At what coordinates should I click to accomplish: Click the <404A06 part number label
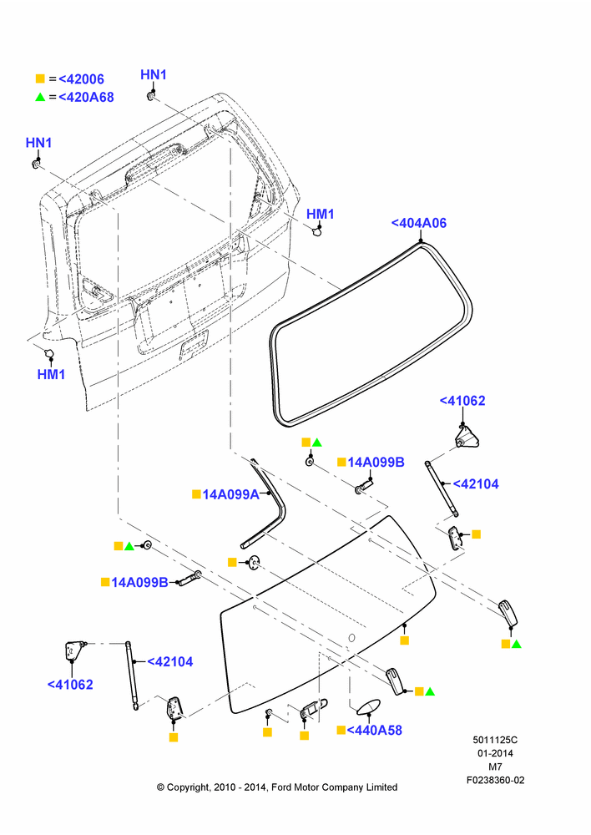(x=419, y=223)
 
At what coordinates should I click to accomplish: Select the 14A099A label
(x=230, y=494)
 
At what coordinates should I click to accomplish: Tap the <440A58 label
(x=374, y=730)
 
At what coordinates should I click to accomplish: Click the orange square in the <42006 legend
(x=40, y=78)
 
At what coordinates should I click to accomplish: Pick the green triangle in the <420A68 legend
(x=40, y=97)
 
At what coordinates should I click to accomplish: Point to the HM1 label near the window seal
(x=321, y=214)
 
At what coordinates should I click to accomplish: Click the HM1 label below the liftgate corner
(x=51, y=374)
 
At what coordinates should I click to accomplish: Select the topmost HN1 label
(x=154, y=75)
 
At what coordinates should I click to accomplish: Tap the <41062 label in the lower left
(x=70, y=685)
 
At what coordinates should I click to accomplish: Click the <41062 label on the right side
(x=462, y=401)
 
